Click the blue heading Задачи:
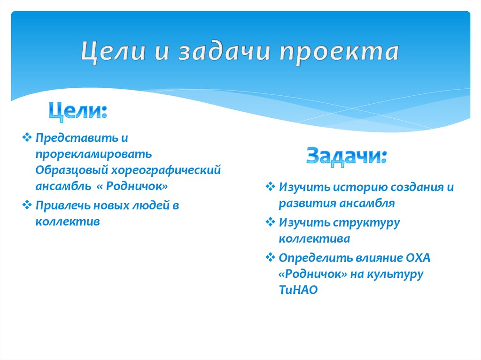(347, 155)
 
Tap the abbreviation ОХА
(418, 258)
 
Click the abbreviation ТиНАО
(298, 290)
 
